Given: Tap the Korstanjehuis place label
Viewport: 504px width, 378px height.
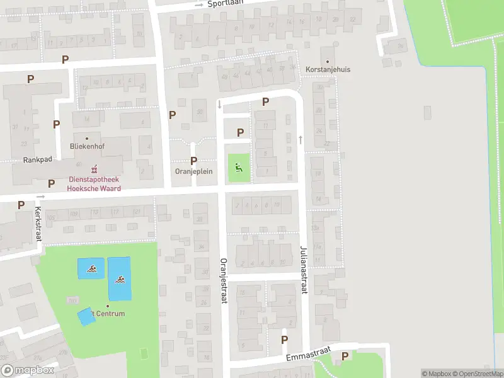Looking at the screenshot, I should (x=328, y=69).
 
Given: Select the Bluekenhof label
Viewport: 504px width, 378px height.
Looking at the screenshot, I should (x=87, y=146).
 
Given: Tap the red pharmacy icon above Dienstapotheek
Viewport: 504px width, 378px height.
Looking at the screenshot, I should (x=94, y=168).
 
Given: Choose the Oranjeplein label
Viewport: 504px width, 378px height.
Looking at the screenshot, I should (x=193, y=171).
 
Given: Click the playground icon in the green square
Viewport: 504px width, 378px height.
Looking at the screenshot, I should (x=238, y=168).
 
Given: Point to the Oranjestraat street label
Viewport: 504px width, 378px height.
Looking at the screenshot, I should (x=223, y=281).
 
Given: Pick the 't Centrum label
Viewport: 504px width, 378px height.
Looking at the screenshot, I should (x=107, y=314).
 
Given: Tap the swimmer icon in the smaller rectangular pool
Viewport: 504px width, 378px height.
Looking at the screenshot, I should (x=91, y=270).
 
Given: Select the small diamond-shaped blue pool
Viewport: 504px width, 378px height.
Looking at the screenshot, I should (x=86, y=316).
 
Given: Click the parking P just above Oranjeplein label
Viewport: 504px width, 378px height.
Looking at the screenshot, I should (x=193, y=161).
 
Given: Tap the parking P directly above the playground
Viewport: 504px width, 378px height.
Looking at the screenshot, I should (x=240, y=132).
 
